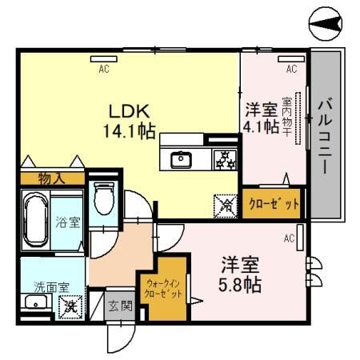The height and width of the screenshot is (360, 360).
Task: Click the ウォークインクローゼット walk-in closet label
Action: (165, 287)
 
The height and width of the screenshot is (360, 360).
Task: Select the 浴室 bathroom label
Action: (67, 221)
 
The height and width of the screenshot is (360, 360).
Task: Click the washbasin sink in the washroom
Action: (35, 302)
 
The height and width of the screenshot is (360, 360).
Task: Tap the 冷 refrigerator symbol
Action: (225, 205)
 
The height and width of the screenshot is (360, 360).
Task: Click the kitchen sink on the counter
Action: (182, 158)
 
